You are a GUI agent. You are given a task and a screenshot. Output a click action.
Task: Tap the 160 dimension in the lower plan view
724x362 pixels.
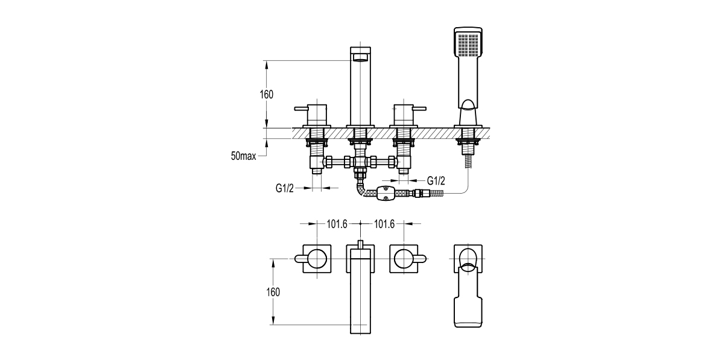point(273,292)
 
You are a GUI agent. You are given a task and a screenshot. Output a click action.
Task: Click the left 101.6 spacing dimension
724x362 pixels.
point(337,224)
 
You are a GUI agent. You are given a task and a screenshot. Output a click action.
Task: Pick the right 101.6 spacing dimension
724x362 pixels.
point(384,224)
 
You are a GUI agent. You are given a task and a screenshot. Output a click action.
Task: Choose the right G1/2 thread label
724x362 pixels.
point(436,180)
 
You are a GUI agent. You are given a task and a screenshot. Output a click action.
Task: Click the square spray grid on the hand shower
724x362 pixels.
point(468,43)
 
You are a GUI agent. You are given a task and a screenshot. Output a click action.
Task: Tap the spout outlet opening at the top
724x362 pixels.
point(360,58)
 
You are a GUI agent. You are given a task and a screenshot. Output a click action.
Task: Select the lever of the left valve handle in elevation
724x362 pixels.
point(301,109)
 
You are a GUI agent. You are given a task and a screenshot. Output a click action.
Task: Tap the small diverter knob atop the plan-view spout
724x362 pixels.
point(360,244)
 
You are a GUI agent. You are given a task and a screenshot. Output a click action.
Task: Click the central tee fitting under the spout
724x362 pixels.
point(360,162)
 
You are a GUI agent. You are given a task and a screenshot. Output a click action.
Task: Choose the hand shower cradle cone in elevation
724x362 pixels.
point(468,113)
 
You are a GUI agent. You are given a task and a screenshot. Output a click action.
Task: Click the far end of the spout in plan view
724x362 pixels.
point(360,326)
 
